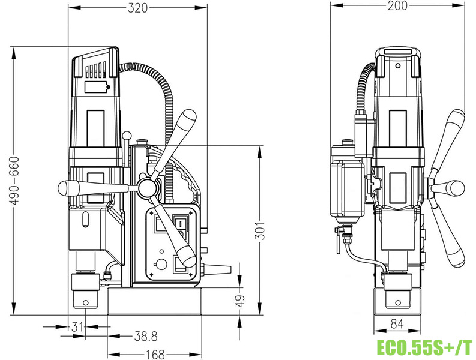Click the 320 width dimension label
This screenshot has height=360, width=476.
137,7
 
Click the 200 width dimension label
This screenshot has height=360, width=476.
397,5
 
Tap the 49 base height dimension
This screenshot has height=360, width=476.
240,301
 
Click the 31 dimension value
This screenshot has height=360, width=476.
76,327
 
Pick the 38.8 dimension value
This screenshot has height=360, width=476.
146,336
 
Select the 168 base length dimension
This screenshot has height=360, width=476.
155,354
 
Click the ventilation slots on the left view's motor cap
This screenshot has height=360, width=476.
95,71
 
